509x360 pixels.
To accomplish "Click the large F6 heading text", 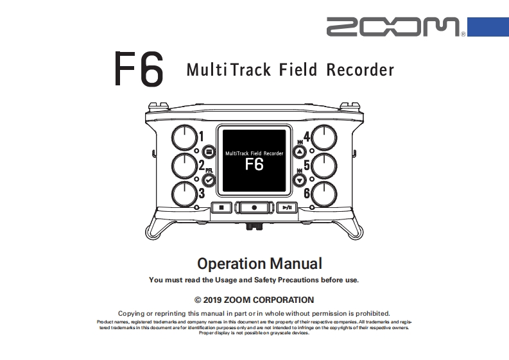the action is click(x=138, y=69).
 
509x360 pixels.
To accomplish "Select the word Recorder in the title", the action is click(x=360, y=69).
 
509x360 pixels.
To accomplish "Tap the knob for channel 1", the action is click(x=184, y=137).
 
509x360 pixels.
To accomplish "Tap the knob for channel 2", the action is click(x=184, y=166).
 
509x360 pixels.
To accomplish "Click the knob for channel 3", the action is click(x=184, y=194).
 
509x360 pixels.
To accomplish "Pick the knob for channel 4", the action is click(x=325, y=137).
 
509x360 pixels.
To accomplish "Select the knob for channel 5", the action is click(x=325, y=166).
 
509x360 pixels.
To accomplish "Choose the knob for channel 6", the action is click(x=325, y=194).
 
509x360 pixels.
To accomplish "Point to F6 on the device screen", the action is click(x=254, y=164).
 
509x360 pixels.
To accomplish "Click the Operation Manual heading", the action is click(x=259, y=263).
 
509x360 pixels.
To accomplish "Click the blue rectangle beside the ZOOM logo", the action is click(x=487, y=27).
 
